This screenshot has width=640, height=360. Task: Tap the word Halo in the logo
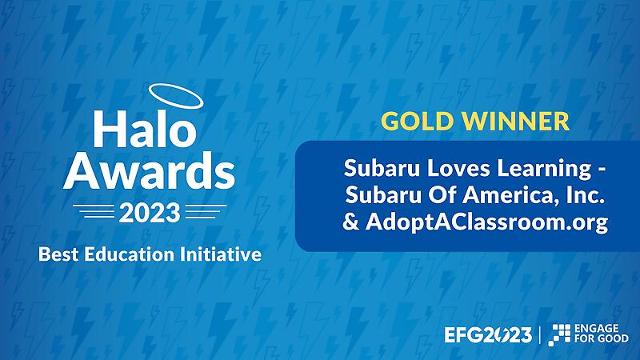(145, 128)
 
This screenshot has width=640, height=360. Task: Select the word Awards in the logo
(149, 170)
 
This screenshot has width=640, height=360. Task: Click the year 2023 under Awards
(150, 213)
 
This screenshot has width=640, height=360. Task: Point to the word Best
(58, 254)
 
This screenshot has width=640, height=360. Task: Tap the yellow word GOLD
(417, 122)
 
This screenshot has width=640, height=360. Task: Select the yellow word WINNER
(515, 122)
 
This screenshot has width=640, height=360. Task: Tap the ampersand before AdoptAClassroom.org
(351, 222)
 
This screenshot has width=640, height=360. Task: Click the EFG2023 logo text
(488, 335)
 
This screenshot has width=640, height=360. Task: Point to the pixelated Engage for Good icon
(559, 334)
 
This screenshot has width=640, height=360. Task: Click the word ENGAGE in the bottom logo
(596, 329)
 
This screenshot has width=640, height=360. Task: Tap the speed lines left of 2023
(94, 211)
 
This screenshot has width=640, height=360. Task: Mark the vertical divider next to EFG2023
(540, 335)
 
